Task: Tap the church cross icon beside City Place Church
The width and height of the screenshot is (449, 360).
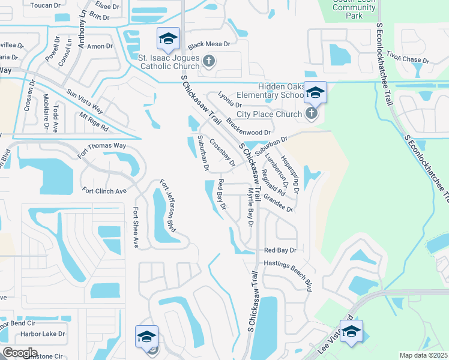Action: [x=310, y=113]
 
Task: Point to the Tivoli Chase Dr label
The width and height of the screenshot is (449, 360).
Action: [x=407, y=57]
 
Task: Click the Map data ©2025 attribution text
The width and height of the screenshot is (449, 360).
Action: [x=423, y=355]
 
